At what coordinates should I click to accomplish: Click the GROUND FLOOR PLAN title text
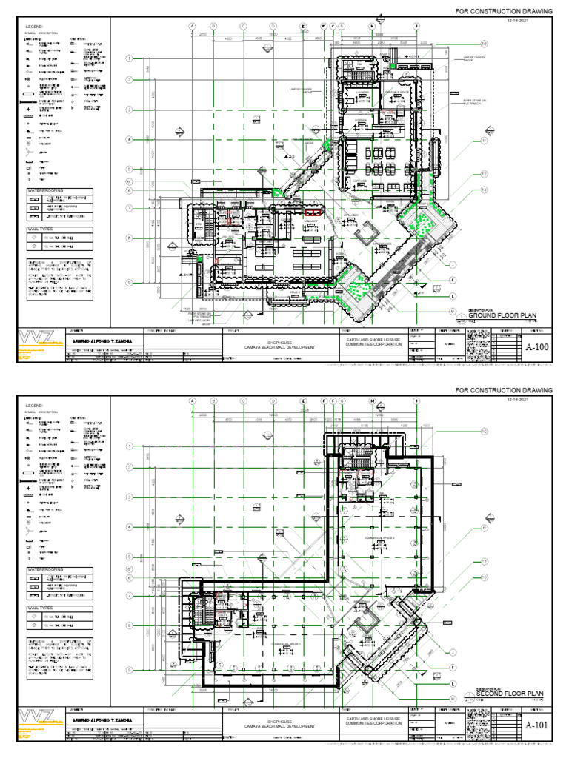coord(502,316)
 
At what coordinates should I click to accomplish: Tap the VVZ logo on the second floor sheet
coord(36,718)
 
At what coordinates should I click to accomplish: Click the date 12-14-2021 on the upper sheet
coord(520,21)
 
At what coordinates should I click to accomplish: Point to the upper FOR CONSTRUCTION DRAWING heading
coord(504,12)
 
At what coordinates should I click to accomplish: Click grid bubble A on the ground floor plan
coord(192,26)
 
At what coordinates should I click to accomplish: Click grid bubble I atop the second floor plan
coord(416,401)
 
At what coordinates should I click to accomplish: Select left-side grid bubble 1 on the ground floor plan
coord(128,58)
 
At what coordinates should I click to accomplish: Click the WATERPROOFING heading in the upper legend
coord(45,191)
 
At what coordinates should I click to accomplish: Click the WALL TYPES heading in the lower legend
coord(41,608)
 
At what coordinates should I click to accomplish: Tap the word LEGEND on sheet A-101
coord(36,406)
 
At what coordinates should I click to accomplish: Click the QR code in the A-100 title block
coord(479,345)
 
